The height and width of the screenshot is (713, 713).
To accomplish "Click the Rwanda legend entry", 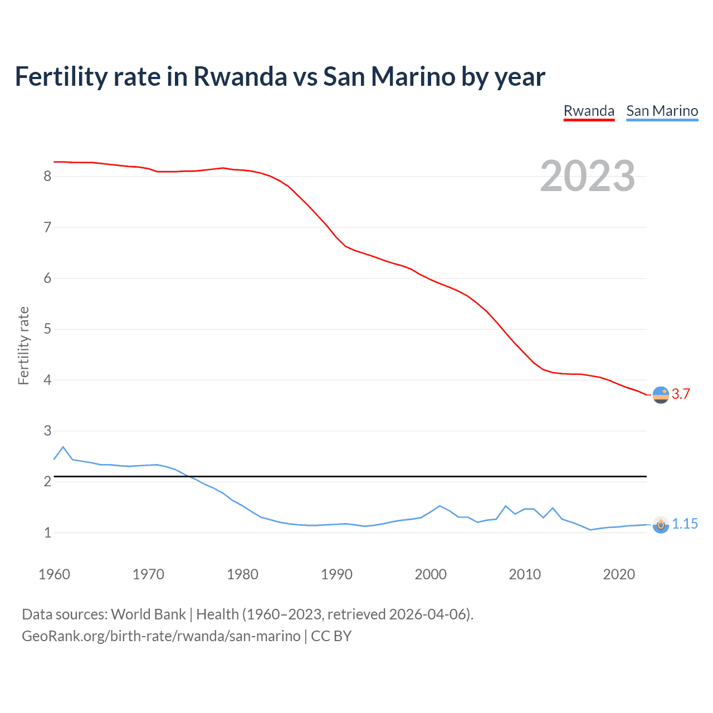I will pyautogui.click(x=589, y=111).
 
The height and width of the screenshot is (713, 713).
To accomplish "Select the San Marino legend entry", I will pyautogui.click(x=662, y=111).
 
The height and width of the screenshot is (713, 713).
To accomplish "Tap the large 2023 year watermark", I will pyautogui.click(x=587, y=176).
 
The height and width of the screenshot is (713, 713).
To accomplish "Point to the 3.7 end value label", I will pyautogui.click(x=681, y=394).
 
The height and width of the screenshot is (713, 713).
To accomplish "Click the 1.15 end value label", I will pyautogui.click(x=685, y=524).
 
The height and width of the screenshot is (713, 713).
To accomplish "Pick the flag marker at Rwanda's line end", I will pyautogui.click(x=661, y=395).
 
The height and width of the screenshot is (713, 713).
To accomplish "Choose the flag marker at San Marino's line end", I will pyautogui.click(x=661, y=525).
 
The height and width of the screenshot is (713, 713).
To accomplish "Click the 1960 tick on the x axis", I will pyautogui.click(x=54, y=574).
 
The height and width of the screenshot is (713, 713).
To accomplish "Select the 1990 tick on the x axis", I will pyautogui.click(x=336, y=574).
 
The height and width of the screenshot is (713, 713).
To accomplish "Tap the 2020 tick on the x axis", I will pyautogui.click(x=619, y=574).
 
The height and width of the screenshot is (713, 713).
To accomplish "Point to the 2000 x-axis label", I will pyautogui.click(x=431, y=574).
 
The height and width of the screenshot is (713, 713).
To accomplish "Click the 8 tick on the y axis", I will pyautogui.click(x=47, y=177).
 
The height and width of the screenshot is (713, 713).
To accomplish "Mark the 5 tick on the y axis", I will pyautogui.click(x=47, y=329).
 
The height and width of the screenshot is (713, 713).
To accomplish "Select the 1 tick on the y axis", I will pyautogui.click(x=47, y=533).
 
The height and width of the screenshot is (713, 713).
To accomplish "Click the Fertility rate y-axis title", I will pyautogui.click(x=23, y=345).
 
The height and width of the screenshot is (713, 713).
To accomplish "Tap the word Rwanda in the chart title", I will pyautogui.click(x=240, y=76).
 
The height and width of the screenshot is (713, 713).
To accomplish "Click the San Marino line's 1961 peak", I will pyautogui.click(x=63, y=447).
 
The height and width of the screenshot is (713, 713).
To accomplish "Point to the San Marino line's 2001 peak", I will pyautogui.click(x=439, y=506).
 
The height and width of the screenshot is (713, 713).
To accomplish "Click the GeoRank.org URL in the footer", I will pyautogui.click(x=161, y=636).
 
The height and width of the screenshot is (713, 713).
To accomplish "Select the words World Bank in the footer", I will pyautogui.click(x=148, y=614).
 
